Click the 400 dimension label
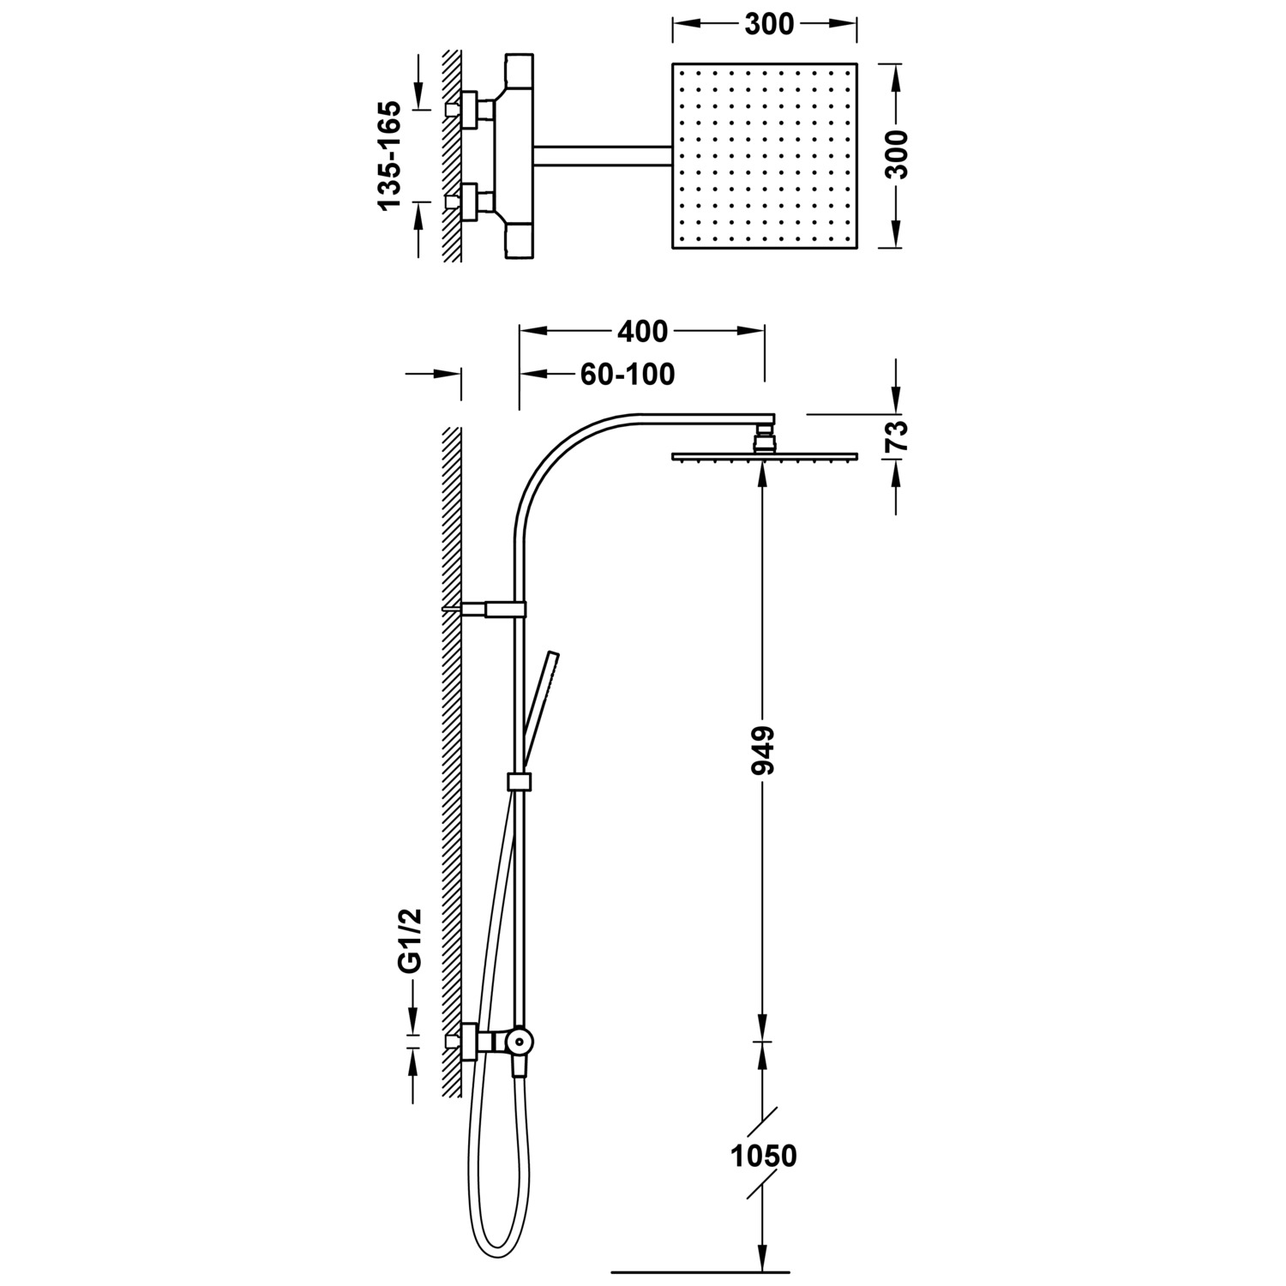click(x=642, y=330)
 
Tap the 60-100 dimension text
click(x=628, y=375)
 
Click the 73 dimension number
click(x=896, y=436)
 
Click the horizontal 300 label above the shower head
click(x=768, y=25)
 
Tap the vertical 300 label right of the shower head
click(x=896, y=154)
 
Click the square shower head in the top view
click(x=765, y=155)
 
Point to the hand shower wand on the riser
click(x=539, y=712)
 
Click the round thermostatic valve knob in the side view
click(x=519, y=1042)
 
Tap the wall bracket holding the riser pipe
click(x=494, y=609)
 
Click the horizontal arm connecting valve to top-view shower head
click(x=600, y=154)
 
